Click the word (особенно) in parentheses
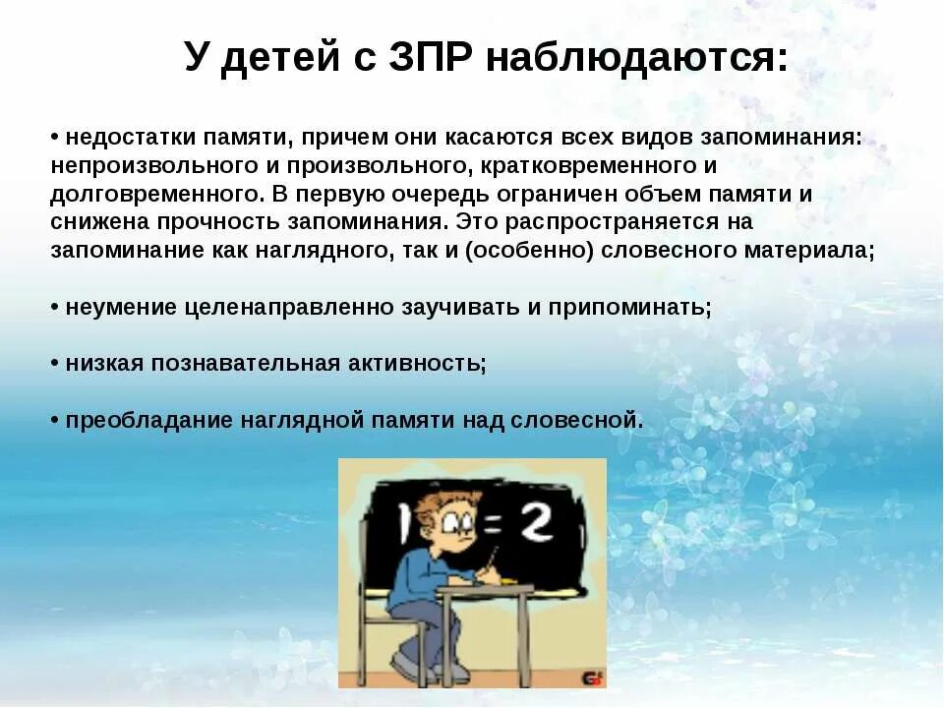(530, 250)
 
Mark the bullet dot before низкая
(55, 364)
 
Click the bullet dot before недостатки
(55, 139)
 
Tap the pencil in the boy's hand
(492, 565)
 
